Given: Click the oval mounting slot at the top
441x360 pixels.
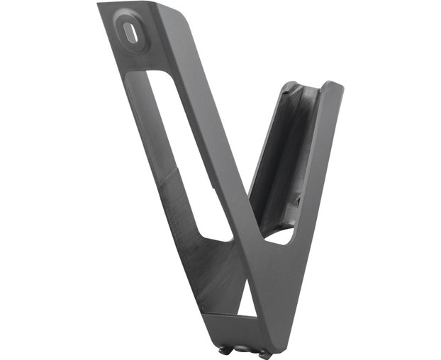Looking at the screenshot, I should pyautogui.click(x=129, y=33).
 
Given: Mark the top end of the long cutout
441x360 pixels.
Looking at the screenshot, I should pyautogui.click(x=153, y=74).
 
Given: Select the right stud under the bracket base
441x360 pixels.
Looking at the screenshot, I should pyautogui.click(x=263, y=354).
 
